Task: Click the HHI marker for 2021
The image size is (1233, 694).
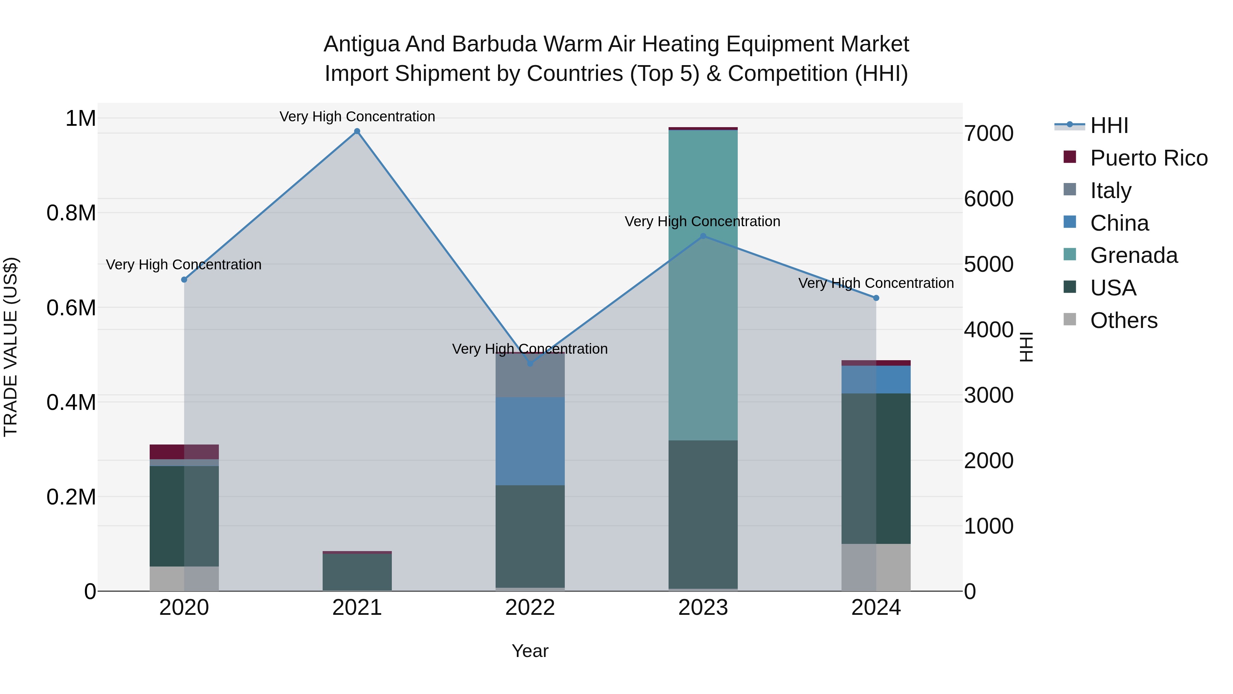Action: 357,131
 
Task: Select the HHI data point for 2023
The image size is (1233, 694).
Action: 703,236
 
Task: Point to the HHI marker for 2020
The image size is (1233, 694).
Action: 184,280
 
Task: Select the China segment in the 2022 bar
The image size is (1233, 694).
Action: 530,441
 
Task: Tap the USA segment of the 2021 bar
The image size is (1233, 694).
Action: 357,572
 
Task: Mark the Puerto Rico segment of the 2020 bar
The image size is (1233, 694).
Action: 184,452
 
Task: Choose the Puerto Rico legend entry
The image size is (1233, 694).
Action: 1149,158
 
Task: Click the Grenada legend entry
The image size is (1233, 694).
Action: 1133,255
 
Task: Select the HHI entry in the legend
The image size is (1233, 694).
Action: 1109,125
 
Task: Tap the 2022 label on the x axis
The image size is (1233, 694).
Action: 530,608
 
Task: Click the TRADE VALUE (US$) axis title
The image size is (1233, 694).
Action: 11,347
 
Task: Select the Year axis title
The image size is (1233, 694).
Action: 530,651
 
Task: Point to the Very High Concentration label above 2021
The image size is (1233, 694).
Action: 357,117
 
